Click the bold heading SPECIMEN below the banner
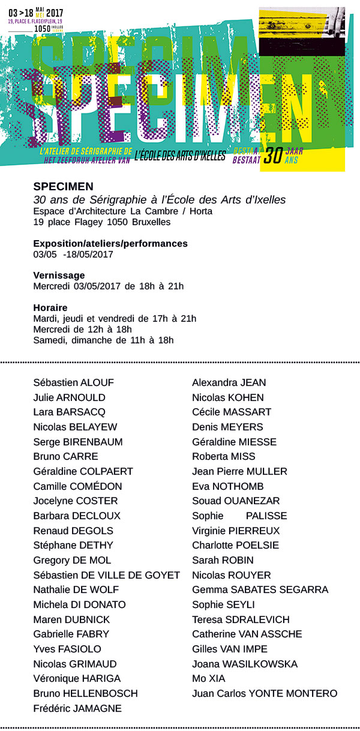click(x=64, y=187)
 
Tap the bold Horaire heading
click(x=50, y=308)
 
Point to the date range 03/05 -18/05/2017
click(x=73, y=254)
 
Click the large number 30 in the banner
click(x=273, y=156)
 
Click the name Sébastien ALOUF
click(x=74, y=383)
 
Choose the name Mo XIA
click(x=209, y=679)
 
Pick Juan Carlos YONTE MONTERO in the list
click(x=265, y=694)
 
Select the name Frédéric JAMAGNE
click(x=77, y=709)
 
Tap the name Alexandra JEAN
click(x=229, y=383)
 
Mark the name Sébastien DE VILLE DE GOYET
click(x=107, y=576)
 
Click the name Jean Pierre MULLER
click(x=239, y=472)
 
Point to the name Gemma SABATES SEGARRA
click(x=260, y=590)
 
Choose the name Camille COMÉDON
click(x=78, y=487)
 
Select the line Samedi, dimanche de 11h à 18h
click(x=104, y=340)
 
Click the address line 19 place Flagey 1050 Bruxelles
click(x=102, y=222)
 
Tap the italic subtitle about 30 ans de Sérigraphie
click(x=160, y=199)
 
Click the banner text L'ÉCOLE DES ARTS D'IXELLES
click(x=180, y=156)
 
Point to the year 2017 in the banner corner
click(x=55, y=11)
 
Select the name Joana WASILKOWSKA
click(x=245, y=664)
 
